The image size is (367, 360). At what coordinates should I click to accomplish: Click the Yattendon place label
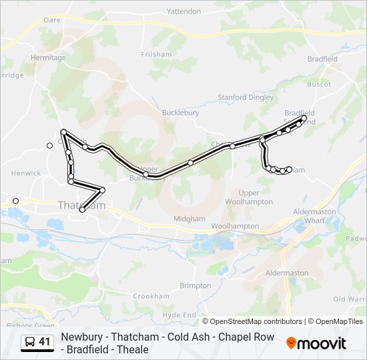click(x=183, y=11)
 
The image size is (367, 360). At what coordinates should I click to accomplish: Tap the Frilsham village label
click(x=157, y=54)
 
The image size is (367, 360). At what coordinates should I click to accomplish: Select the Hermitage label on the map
click(x=47, y=57)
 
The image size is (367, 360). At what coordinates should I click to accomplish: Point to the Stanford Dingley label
click(x=246, y=97)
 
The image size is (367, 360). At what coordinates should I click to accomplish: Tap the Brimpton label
click(x=195, y=285)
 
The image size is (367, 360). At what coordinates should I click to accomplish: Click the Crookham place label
click(x=151, y=296)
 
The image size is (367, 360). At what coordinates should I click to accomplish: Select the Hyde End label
click(x=179, y=315)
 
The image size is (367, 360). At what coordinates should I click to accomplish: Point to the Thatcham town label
click(x=81, y=205)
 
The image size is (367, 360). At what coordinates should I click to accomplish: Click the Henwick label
click(x=26, y=173)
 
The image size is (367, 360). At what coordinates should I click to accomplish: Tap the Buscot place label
click(x=318, y=84)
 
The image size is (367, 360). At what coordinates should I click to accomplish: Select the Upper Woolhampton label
click(x=248, y=197)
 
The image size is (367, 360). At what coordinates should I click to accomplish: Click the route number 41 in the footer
click(x=45, y=341)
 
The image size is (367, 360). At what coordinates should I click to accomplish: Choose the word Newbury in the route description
click(x=83, y=337)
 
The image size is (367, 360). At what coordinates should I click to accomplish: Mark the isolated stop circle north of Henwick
click(x=49, y=145)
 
